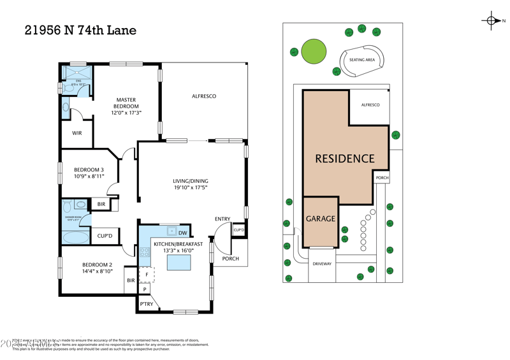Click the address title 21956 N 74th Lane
80,30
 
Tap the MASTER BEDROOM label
126,106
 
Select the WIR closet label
76,133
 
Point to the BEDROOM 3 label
89,173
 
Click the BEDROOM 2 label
97,268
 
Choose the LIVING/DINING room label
191,184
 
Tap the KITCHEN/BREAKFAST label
178,247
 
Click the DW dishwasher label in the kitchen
183,233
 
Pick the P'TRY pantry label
146,305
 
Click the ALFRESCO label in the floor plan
204,96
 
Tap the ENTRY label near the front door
222,219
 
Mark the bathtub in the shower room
76,237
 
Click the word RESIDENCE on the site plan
345,159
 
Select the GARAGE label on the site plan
320,219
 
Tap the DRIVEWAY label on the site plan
322,263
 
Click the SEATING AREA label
361,60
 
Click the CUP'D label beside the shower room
105,236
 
